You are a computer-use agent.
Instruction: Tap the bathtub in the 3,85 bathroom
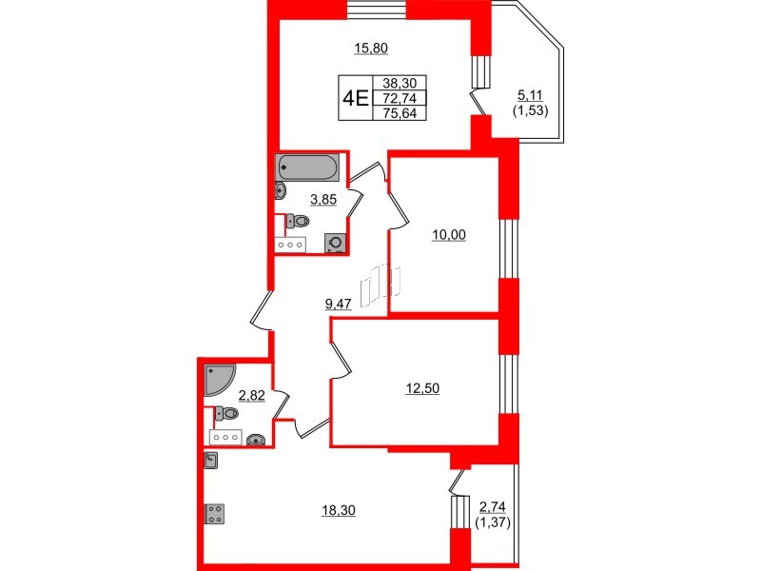tap(307, 168)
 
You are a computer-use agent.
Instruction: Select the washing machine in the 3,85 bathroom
tap(335, 243)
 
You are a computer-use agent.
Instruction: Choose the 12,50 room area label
tap(415, 386)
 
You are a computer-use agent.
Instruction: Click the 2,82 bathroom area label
tap(251, 395)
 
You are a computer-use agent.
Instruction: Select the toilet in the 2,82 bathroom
tap(226, 413)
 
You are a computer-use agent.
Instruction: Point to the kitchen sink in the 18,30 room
tap(211, 462)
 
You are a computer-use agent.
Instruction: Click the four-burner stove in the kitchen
tap(214, 514)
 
